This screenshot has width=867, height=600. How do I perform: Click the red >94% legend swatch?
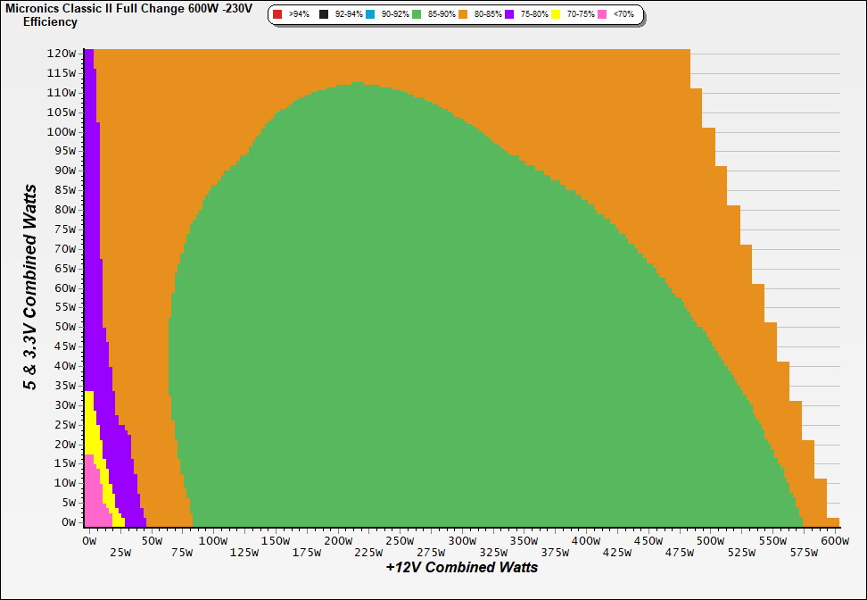pos(277,15)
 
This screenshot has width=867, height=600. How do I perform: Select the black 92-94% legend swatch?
pos(324,15)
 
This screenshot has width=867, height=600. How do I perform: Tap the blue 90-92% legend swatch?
pos(370,15)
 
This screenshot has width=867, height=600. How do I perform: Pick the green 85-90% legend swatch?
pos(417,15)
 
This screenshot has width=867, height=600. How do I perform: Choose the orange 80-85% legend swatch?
pos(464,15)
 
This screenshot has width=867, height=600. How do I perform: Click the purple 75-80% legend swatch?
pos(510,15)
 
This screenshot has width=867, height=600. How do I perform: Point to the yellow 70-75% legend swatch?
pos(557,15)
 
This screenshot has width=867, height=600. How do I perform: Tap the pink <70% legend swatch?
pos(603,15)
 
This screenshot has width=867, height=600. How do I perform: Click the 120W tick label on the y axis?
pos(62,53)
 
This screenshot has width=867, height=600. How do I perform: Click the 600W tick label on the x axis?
pos(834,541)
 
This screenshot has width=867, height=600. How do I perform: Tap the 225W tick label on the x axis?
pos(367,553)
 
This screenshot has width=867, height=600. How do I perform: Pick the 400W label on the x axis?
pos(586,541)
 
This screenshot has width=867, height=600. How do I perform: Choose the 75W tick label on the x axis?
pos(182,553)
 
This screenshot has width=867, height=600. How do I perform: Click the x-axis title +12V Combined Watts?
pos(462,567)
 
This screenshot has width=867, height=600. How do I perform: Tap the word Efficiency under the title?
pos(50,22)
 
